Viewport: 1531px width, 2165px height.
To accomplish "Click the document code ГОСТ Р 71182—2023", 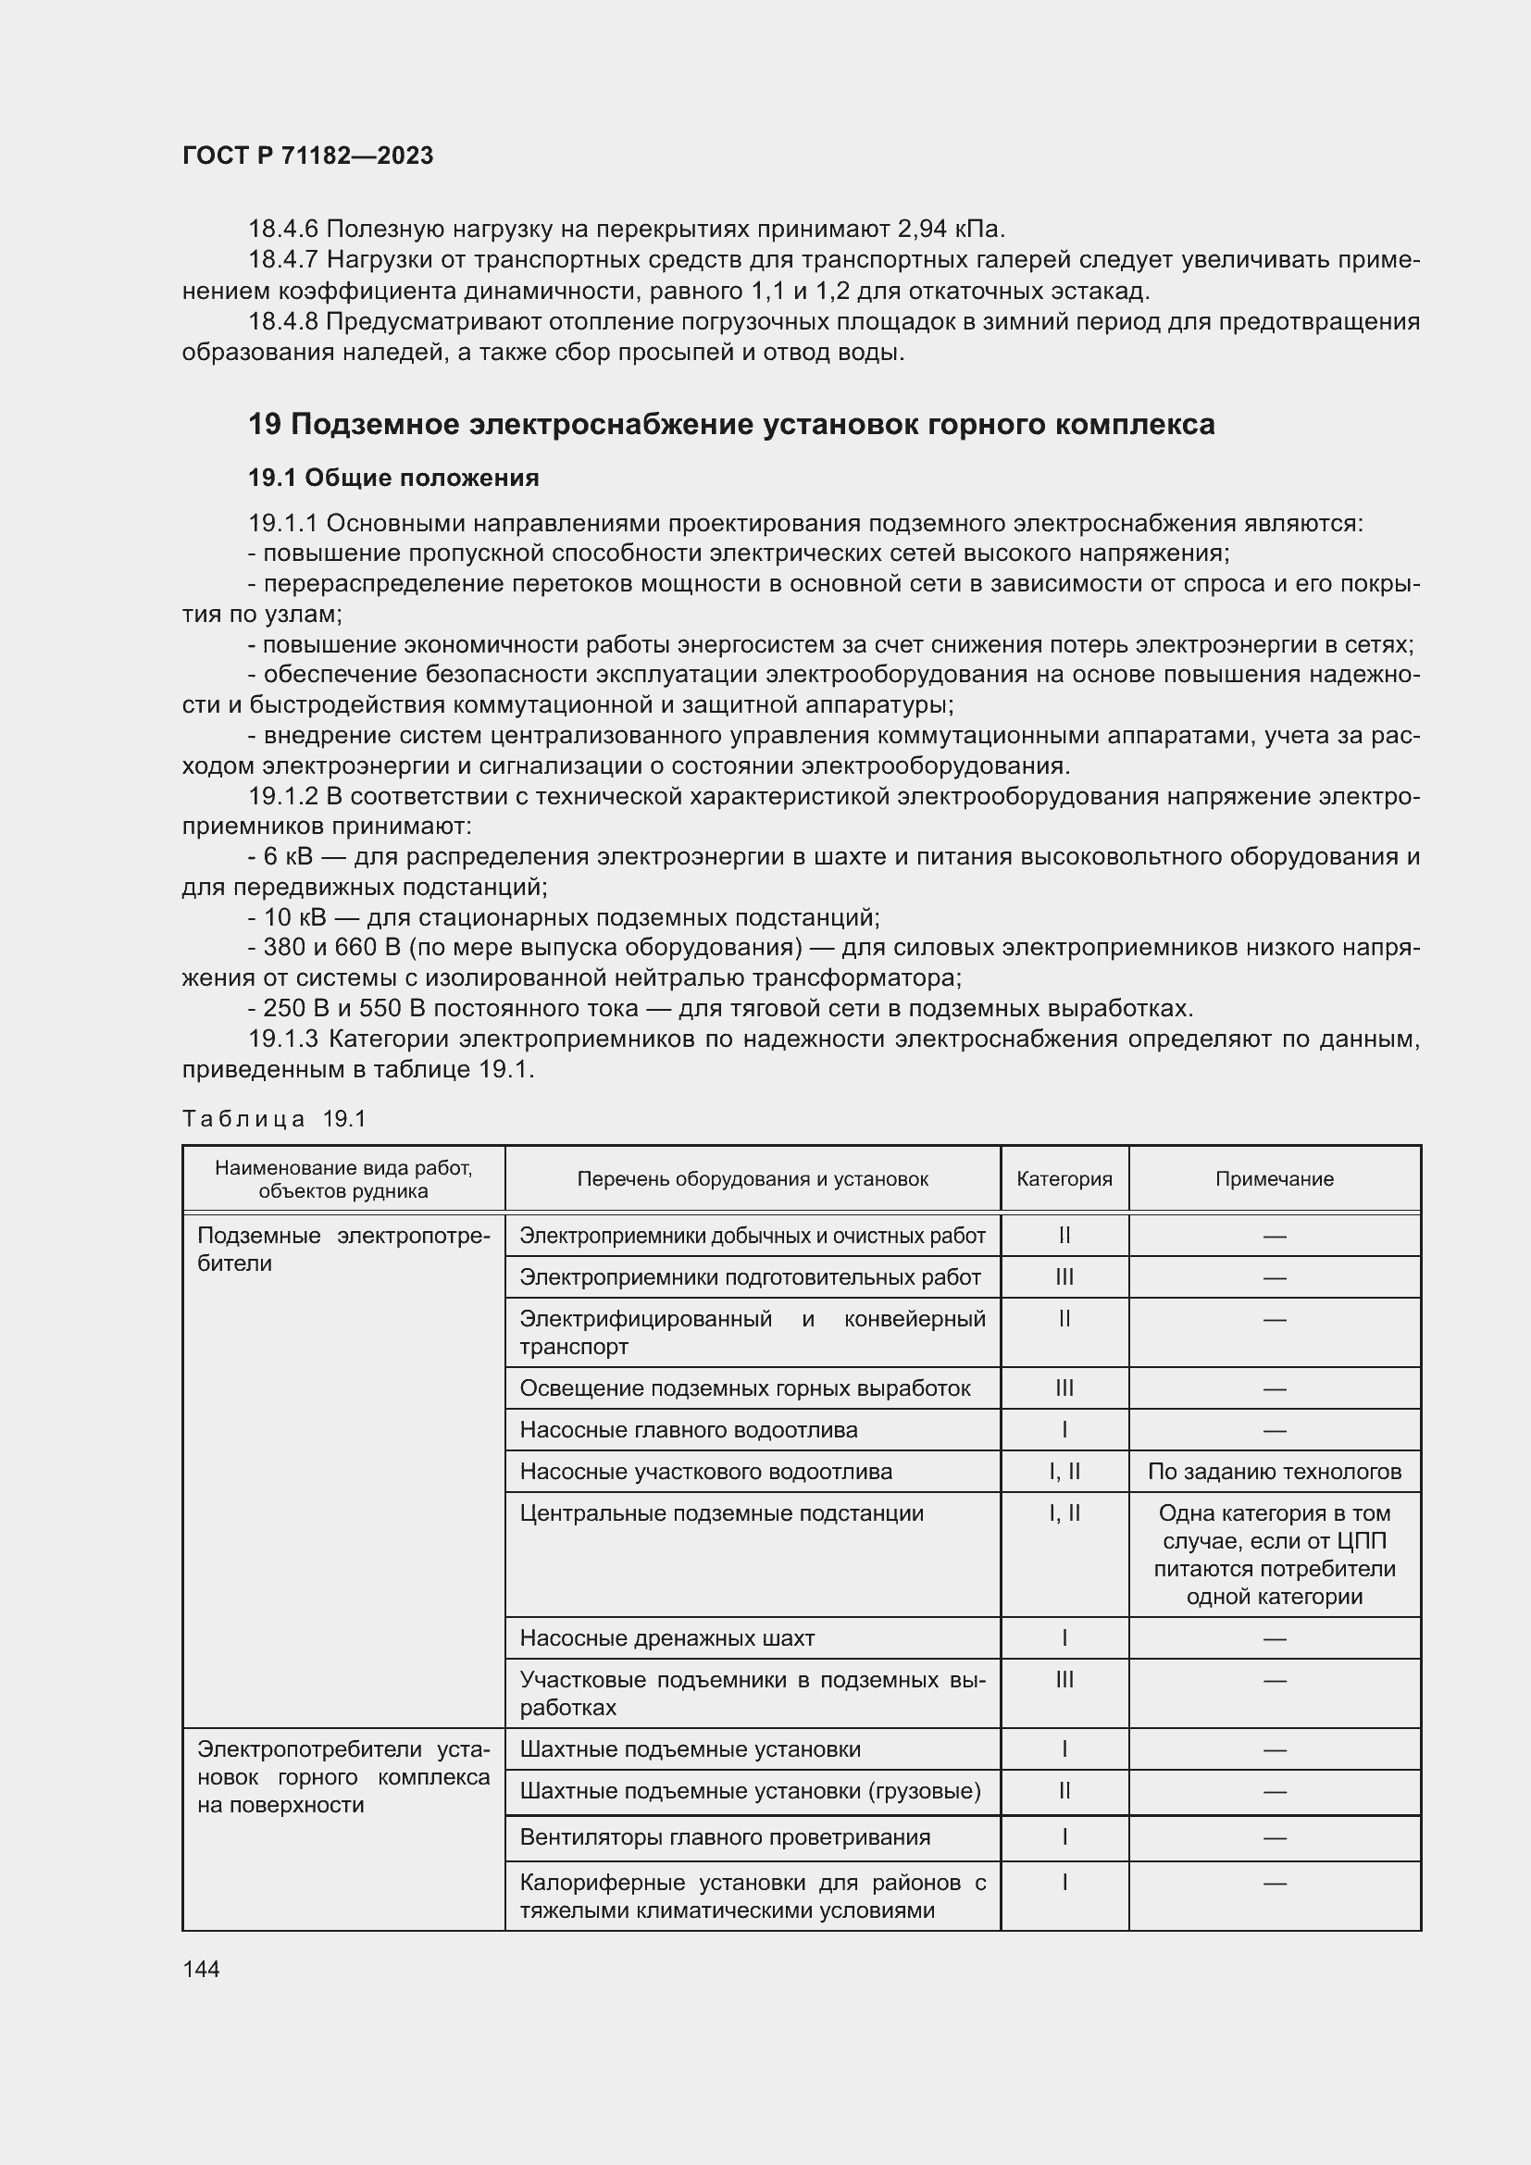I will [307, 156].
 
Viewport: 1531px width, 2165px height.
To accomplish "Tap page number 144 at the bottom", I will [201, 1969].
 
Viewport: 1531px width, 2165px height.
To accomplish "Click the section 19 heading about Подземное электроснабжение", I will [730, 425].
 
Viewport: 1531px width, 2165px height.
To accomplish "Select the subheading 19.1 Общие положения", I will [393, 478].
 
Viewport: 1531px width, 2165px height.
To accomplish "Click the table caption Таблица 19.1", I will [273, 1119].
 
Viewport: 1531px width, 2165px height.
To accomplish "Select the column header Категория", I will [1064, 1178].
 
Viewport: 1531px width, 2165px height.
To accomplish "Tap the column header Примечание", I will [1274, 1178].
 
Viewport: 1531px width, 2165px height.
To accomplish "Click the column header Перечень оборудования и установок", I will [753, 1178].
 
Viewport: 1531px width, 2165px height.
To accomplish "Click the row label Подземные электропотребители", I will [343, 1250].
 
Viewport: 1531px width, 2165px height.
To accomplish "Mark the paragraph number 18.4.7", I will [284, 259].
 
